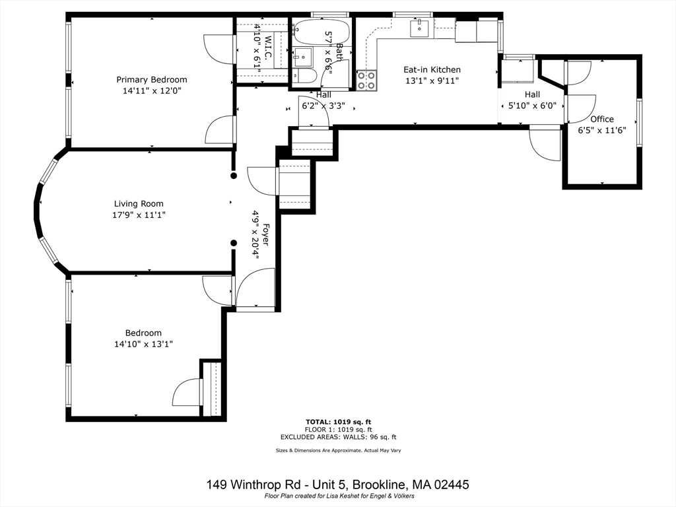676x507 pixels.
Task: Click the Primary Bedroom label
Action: [152, 80]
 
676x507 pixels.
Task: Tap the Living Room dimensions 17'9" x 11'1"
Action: [139, 215]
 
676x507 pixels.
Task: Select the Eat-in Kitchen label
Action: [432, 69]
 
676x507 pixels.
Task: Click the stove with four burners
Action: [366, 81]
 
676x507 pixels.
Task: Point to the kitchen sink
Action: [420, 28]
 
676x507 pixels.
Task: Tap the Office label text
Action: [601, 119]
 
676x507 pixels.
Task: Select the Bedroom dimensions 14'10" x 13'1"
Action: [143, 344]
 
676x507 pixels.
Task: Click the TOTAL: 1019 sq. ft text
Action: [338, 421]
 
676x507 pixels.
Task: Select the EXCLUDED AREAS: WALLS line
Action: [338, 437]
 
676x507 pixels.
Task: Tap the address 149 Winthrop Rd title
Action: [338, 485]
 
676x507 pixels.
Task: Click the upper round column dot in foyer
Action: [233, 176]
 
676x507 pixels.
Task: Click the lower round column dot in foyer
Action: [233, 243]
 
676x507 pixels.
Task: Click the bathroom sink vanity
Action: [304, 57]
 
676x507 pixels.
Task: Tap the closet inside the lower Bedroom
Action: [212, 389]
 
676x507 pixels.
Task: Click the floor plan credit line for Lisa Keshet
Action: [338, 496]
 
